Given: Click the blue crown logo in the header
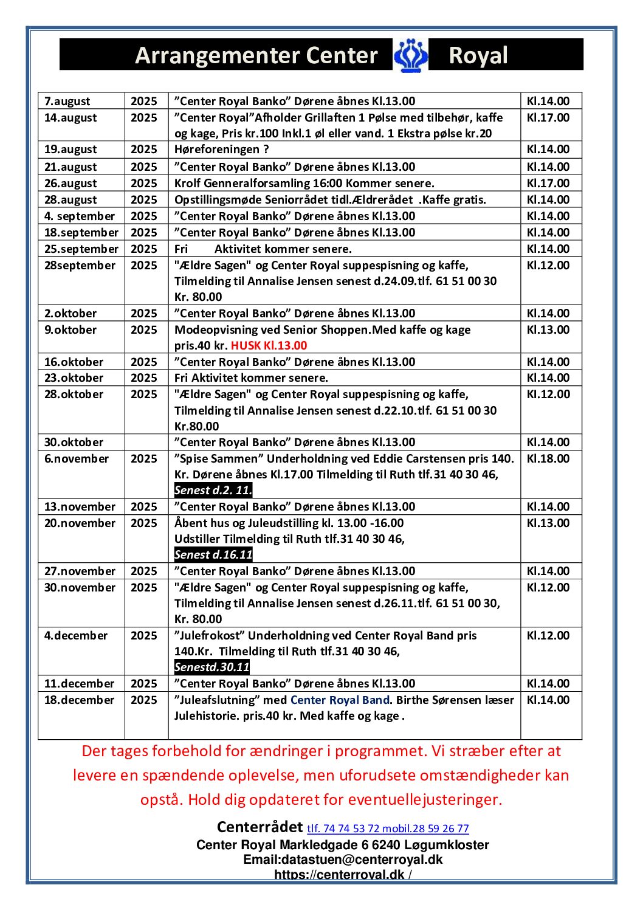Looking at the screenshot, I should tap(411, 55).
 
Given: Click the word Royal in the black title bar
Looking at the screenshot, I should tap(478, 55).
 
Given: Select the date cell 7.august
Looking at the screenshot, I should tap(67, 102).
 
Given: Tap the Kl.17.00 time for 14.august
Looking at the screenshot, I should tap(548, 118).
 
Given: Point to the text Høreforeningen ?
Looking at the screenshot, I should tap(221, 150).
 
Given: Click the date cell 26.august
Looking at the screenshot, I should tap(70, 184).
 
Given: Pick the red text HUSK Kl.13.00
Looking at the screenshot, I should tap(269, 346).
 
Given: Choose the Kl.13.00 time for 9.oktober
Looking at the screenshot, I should tap(548, 330).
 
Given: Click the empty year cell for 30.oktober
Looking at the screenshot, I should tap(146, 443).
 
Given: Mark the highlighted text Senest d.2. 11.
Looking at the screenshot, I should tap(213, 491).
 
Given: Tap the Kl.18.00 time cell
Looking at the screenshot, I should tap(548, 459).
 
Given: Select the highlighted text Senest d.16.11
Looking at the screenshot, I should tap(213, 555).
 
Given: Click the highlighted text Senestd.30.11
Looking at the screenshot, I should tap(211, 667).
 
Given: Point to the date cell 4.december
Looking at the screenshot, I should tap(76, 636).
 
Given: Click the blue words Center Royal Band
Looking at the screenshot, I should tap(340, 700).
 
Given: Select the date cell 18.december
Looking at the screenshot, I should tap(79, 700).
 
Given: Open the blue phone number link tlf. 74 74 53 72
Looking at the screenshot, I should tap(343, 829).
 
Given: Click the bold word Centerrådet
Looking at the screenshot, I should tap(260, 827).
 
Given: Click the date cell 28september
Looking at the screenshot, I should tap(80, 266).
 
